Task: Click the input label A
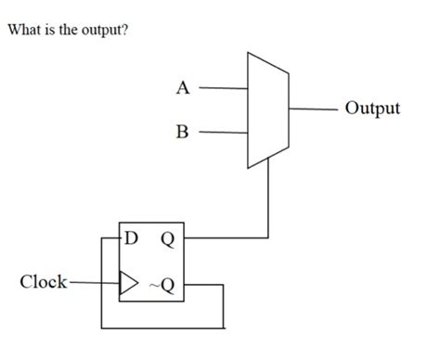click(x=183, y=89)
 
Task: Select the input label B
click(x=182, y=132)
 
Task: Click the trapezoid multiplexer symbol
click(x=268, y=109)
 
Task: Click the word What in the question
click(x=25, y=29)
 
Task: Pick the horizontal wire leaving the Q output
click(x=227, y=238)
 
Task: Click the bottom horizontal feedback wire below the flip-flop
click(x=162, y=327)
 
